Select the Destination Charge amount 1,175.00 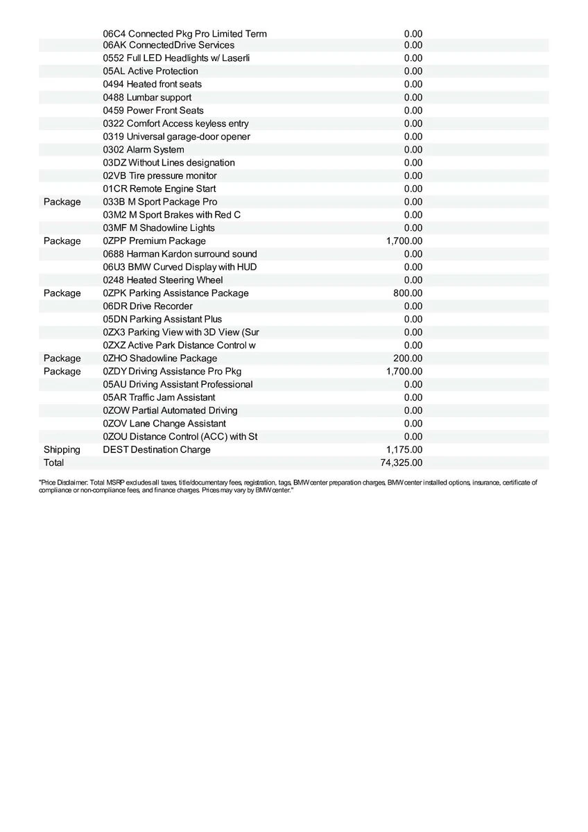[x=404, y=449]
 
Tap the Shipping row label [x=62, y=449]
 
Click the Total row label [x=53, y=462]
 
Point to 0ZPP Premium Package [x=154, y=241]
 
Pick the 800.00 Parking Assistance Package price [x=408, y=293]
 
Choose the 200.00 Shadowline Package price [x=408, y=358]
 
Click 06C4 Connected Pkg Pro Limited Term [x=184, y=34]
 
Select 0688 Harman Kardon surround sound [x=180, y=254]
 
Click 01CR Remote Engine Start [x=159, y=189]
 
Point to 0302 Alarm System [x=144, y=150]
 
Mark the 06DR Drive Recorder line [x=148, y=306]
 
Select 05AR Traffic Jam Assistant [x=159, y=397]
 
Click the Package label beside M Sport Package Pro [x=62, y=202]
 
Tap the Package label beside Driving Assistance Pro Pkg [x=62, y=372]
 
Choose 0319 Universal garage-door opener [x=176, y=137]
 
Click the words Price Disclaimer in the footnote [x=63, y=482]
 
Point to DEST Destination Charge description [x=156, y=449]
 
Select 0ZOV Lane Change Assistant [x=164, y=424]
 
